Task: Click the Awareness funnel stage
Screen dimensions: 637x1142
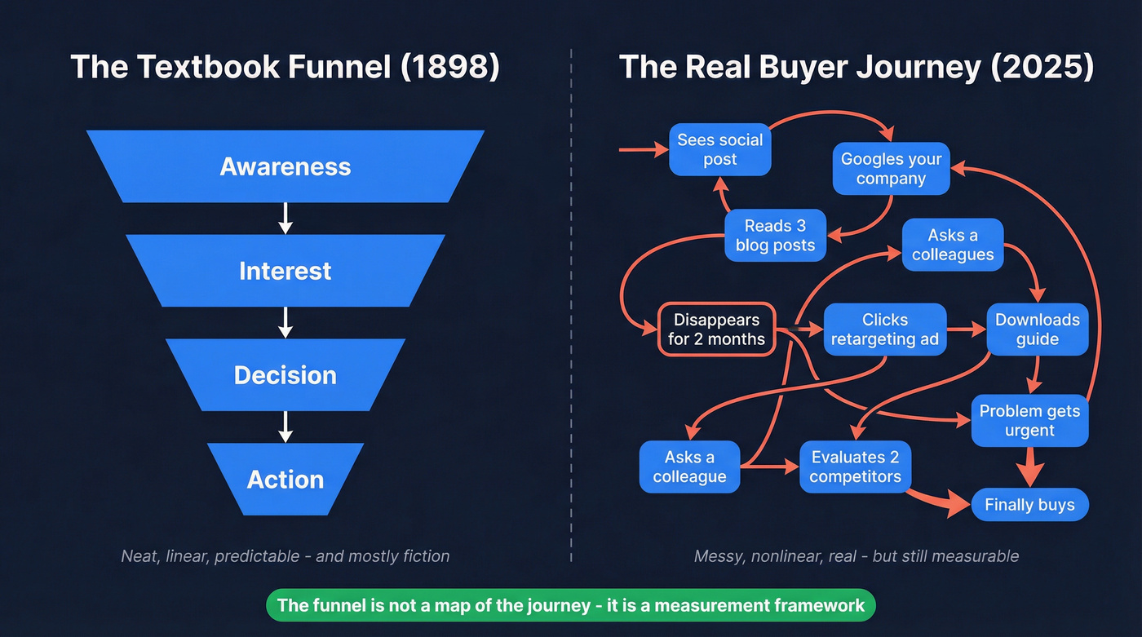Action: (x=285, y=166)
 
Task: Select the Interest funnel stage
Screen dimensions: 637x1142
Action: (x=285, y=271)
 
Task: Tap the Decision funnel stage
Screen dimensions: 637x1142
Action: (x=285, y=375)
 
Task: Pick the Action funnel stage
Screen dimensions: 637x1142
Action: (x=285, y=480)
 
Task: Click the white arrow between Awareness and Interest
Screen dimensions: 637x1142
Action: (x=285, y=218)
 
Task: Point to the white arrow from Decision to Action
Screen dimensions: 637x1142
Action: (x=285, y=427)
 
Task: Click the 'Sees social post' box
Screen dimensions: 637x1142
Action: (x=719, y=149)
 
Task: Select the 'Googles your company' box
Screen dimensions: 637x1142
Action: (x=891, y=169)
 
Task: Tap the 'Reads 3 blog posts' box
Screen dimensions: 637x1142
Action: (x=775, y=236)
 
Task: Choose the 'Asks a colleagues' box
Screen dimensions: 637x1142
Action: (x=952, y=245)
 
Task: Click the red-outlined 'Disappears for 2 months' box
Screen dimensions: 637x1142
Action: (x=716, y=330)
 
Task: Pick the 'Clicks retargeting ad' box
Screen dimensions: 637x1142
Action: (x=884, y=330)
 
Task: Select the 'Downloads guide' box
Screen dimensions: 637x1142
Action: (x=1037, y=330)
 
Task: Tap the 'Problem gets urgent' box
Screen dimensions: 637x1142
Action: (x=1029, y=421)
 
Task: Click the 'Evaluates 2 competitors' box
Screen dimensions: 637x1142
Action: (x=855, y=467)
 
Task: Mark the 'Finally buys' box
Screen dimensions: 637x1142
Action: (x=1029, y=505)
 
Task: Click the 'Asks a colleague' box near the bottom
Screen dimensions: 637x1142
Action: (x=689, y=467)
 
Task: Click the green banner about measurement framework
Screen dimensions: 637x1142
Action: (x=571, y=605)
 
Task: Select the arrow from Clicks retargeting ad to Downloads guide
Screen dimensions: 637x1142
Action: (x=967, y=330)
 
